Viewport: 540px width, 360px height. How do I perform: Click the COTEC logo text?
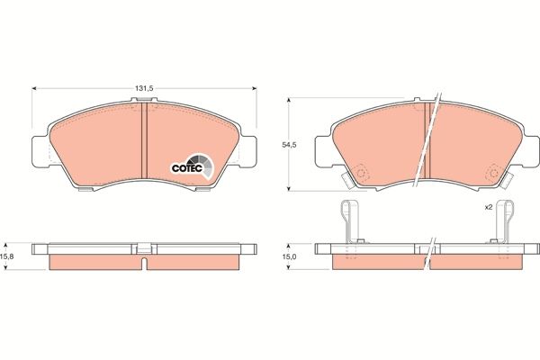[186, 166]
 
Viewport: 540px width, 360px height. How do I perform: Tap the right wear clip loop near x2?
[507, 213]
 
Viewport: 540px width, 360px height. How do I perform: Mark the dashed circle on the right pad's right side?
[492, 170]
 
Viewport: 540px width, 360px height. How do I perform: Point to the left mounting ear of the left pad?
[38, 151]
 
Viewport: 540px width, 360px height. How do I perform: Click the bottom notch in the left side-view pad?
[145, 264]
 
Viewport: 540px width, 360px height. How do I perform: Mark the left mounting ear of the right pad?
[324, 152]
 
